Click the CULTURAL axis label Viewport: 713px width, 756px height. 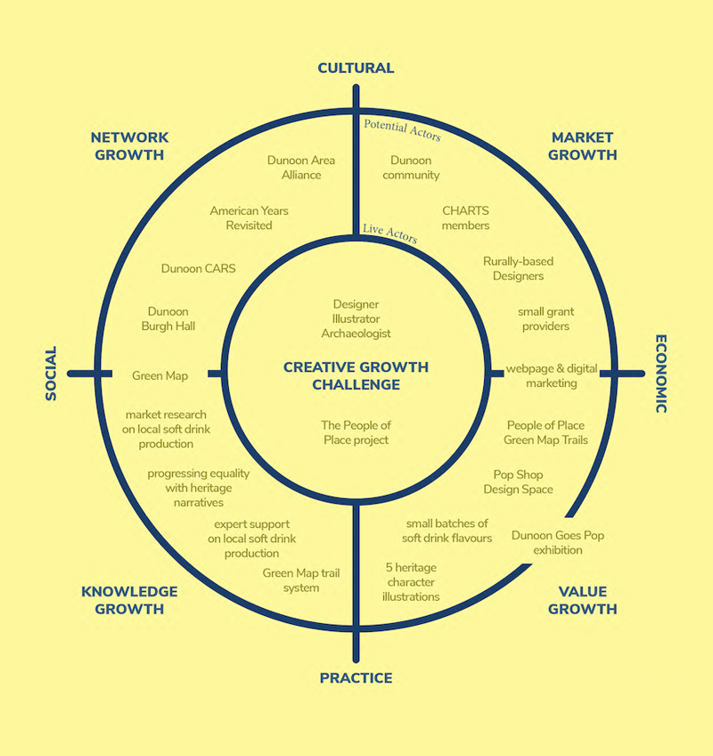[x=356, y=68]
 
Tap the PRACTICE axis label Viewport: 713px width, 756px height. [x=356, y=678]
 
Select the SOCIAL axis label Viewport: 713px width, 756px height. [x=51, y=373]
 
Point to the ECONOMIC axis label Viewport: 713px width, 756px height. [x=661, y=374]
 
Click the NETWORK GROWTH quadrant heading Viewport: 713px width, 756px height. [x=129, y=146]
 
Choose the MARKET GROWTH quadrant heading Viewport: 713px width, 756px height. [x=582, y=146]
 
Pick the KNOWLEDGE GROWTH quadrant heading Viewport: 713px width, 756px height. [x=129, y=600]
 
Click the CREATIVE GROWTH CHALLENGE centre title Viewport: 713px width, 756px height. [x=356, y=375]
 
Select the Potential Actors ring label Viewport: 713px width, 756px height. [x=402, y=130]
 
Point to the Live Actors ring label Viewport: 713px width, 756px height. [x=389, y=230]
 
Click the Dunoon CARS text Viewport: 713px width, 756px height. [x=199, y=268]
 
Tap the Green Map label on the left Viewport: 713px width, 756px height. [x=160, y=375]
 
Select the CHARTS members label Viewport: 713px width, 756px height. [x=465, y=218]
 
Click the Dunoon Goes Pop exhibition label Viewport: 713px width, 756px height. [x=558, y=543]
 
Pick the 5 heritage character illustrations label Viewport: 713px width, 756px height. [x=411, y=581]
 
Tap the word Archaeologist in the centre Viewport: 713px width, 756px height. [x=356, y=333]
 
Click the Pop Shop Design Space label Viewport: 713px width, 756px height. [x=518, y=482]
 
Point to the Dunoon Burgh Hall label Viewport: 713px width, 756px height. [x=168, y=319]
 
